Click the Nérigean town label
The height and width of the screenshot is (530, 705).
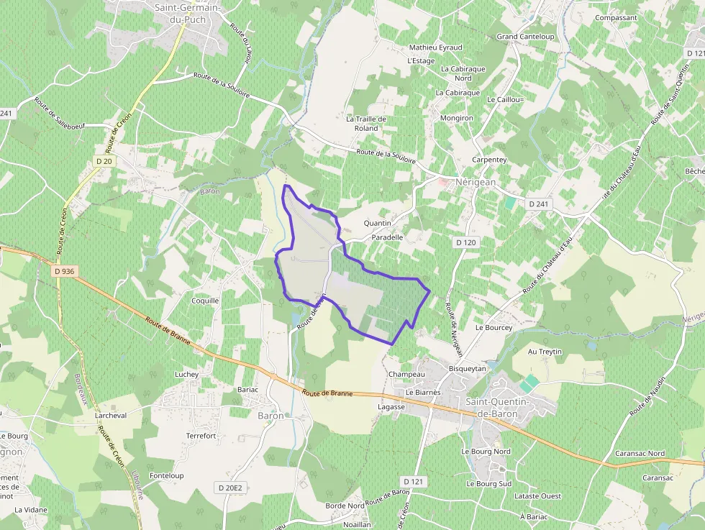[476, 183]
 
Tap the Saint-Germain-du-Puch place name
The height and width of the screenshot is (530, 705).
[189, 14]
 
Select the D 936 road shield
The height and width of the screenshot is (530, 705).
[64, 271]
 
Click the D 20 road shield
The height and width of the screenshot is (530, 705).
[104, 162]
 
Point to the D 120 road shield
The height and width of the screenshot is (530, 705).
[465, 242]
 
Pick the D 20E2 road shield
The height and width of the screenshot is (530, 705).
[231, 488]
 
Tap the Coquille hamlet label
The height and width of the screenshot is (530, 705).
[205, 301]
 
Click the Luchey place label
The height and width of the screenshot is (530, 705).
[186, 375]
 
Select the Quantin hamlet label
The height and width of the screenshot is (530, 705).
[378, 224]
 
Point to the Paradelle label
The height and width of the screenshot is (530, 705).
[387, 237]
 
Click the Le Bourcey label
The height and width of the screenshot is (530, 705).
[493, 328]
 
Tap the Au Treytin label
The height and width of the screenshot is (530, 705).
[545, 352]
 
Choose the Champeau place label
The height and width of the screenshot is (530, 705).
[406, 375]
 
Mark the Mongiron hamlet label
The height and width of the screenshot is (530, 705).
[456, 118]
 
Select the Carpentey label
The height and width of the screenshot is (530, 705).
[489, 160]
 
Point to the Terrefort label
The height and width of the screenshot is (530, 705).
[201, 436]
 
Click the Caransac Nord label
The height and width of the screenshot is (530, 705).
[640, 454]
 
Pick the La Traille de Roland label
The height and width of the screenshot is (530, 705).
[366, 124]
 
